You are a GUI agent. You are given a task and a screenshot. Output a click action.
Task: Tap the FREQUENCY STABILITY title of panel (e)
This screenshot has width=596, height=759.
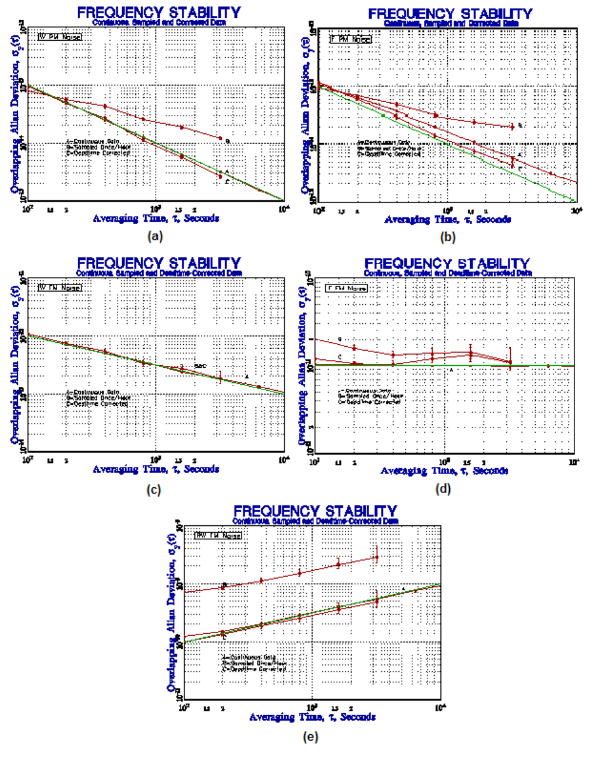pyautogui.click(x=316, y=511)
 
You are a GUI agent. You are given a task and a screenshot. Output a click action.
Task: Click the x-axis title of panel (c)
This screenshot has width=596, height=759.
pyautogui.click(x=156, y=469)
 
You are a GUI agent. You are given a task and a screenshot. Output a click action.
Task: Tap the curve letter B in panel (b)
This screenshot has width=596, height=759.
pyautogui.click(x=520, y=126)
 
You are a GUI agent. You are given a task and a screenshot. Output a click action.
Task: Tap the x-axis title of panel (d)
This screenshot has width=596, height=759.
pyautogui.click(x=444, y=471)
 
